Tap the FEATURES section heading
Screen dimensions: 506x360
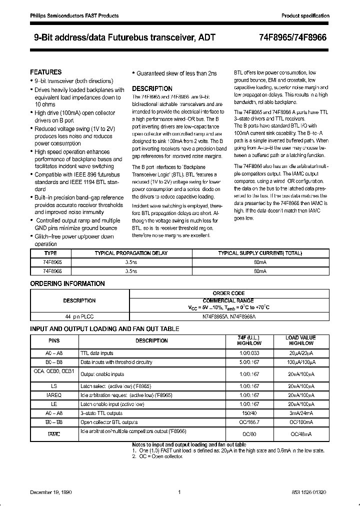click(x=46, y=72)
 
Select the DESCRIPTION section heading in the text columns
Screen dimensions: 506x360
click(x=152, y=88)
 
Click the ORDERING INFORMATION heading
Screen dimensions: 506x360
click(x=67, y=283)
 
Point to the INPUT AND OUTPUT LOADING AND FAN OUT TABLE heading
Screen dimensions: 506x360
click(x=104, y=328)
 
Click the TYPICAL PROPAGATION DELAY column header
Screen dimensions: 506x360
click(x=131, y=253)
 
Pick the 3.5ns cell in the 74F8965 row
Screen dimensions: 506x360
click(x=131, y=261)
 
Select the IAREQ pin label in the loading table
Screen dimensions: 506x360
click(x=54, y=395)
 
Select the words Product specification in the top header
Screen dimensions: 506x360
click(x=305, y=16)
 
